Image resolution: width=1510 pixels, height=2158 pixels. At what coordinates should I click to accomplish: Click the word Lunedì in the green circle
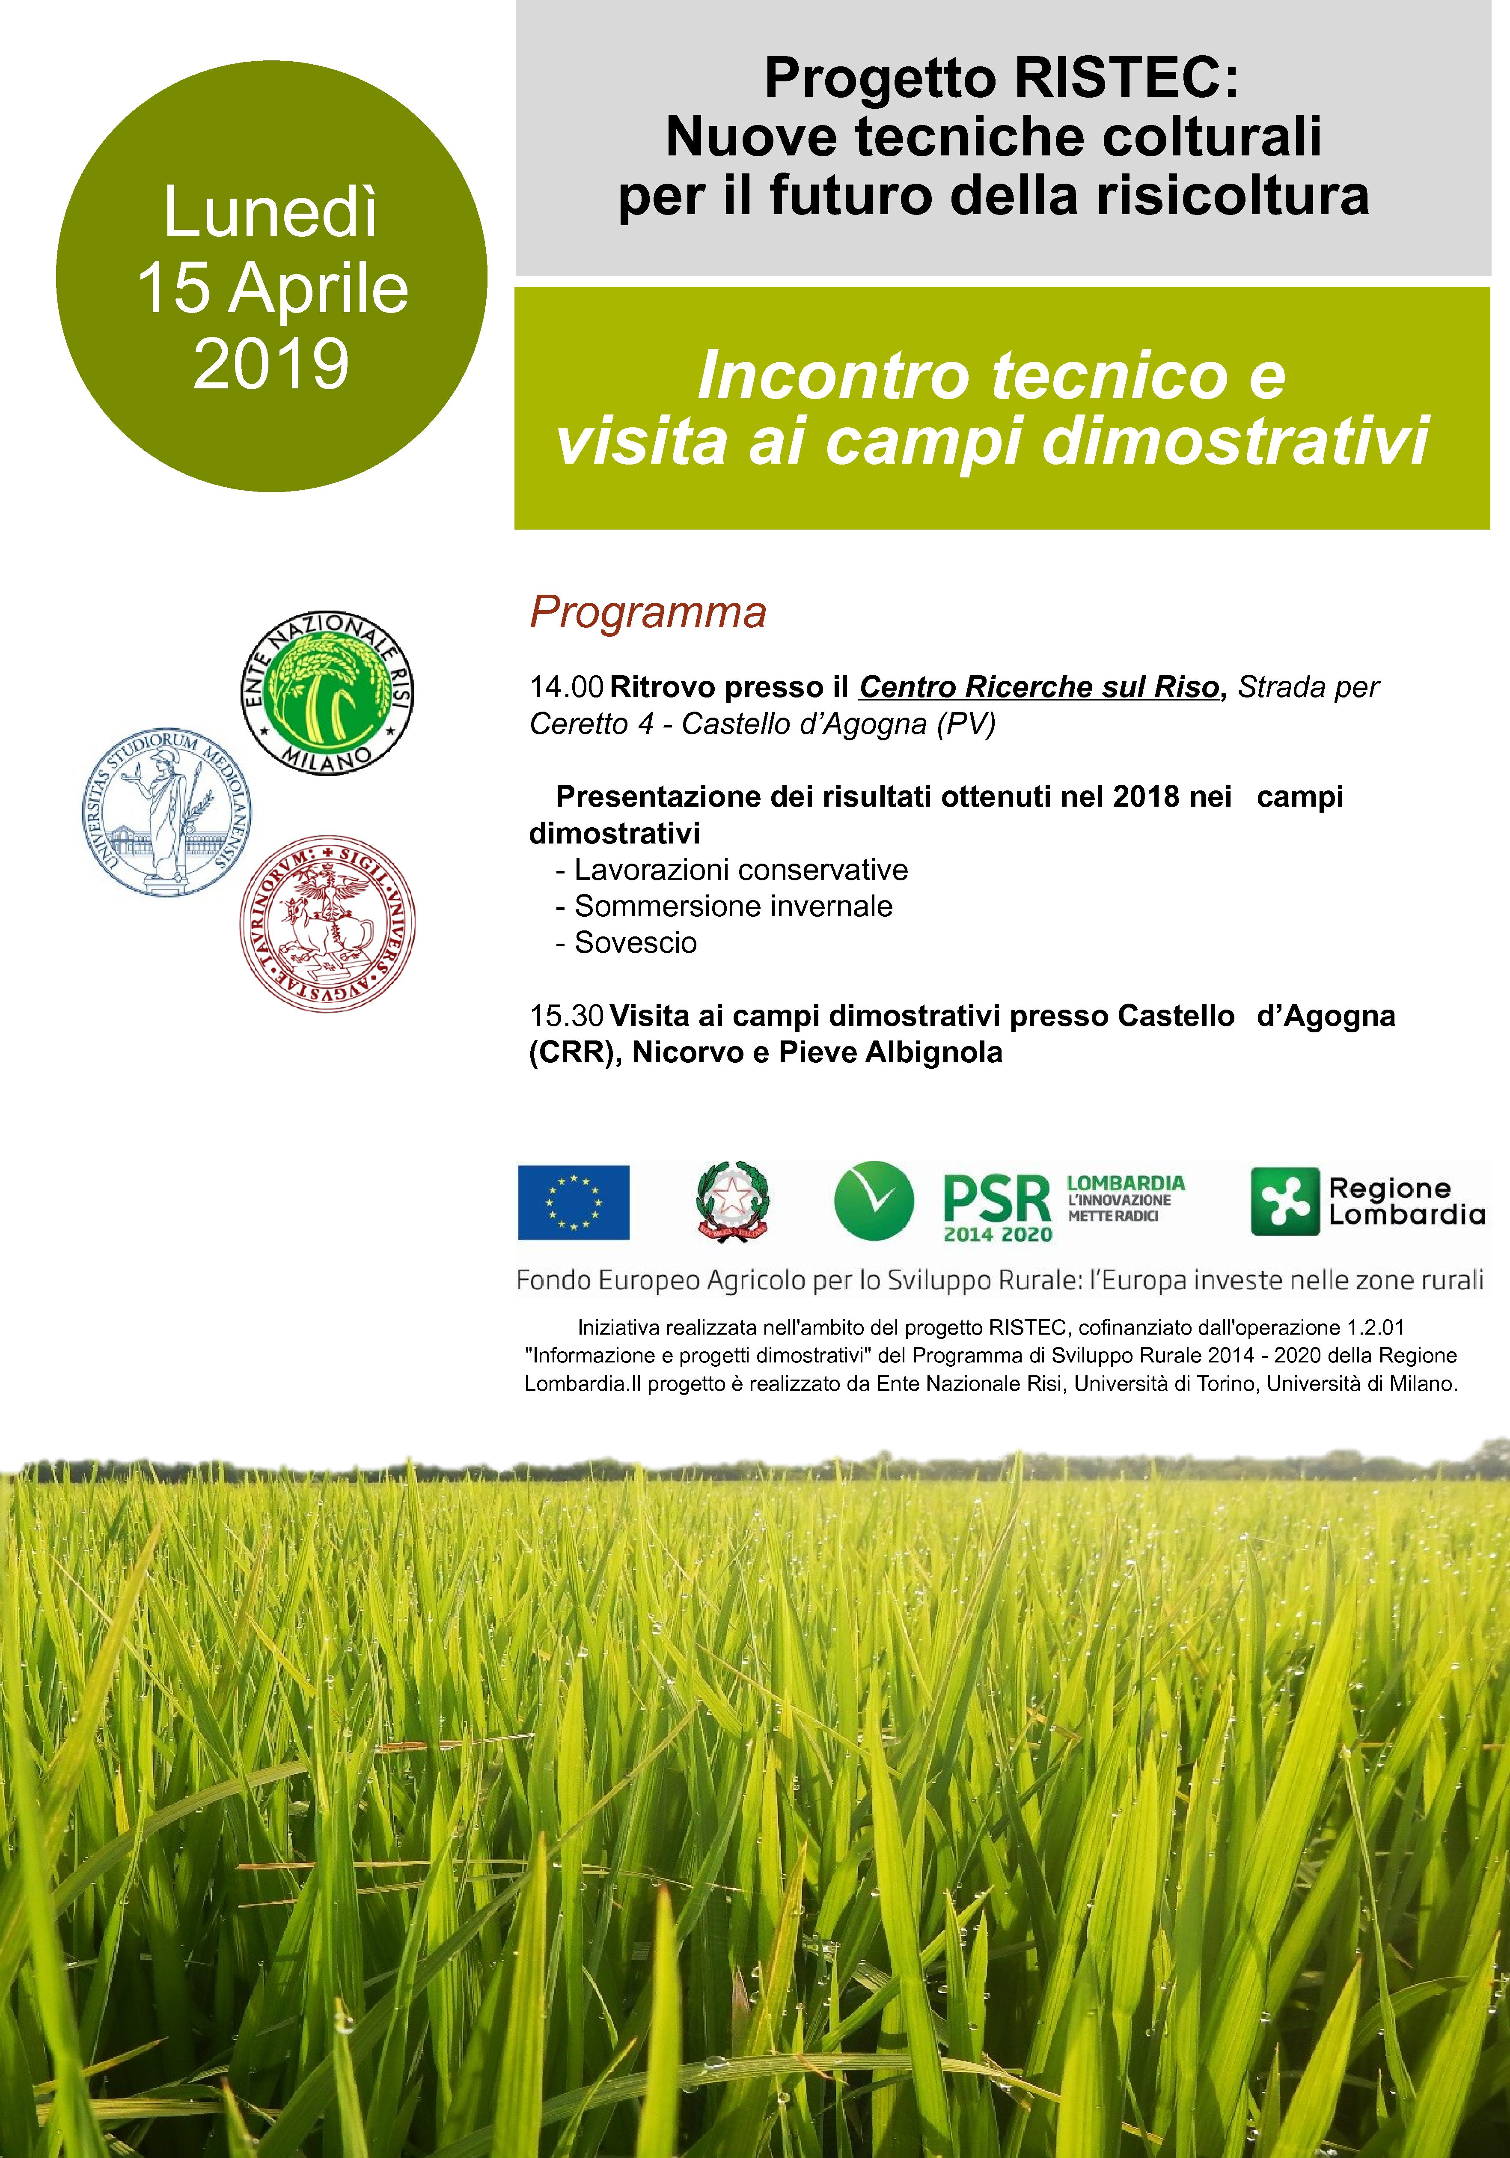pos(270,212)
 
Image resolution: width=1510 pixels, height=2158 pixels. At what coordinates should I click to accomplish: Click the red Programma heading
pos(648,613)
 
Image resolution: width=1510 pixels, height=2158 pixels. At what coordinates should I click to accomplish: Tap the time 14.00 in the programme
pos(566,687)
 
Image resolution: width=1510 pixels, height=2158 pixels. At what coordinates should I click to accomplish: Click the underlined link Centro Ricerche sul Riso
pos(1038,687)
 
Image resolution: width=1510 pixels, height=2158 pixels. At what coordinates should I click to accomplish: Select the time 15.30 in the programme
pos(566,1016)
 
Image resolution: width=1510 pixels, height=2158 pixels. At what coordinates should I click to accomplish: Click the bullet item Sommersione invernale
pos(733,906)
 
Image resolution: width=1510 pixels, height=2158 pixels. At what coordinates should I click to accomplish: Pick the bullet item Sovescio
pos(635,943)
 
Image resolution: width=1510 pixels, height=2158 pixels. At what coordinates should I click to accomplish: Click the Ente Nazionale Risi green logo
pos(327,694)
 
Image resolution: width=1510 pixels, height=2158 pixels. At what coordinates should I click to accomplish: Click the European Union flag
pos(573,1202)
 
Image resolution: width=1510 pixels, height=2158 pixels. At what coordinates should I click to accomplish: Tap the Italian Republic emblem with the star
pos(732,1202)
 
